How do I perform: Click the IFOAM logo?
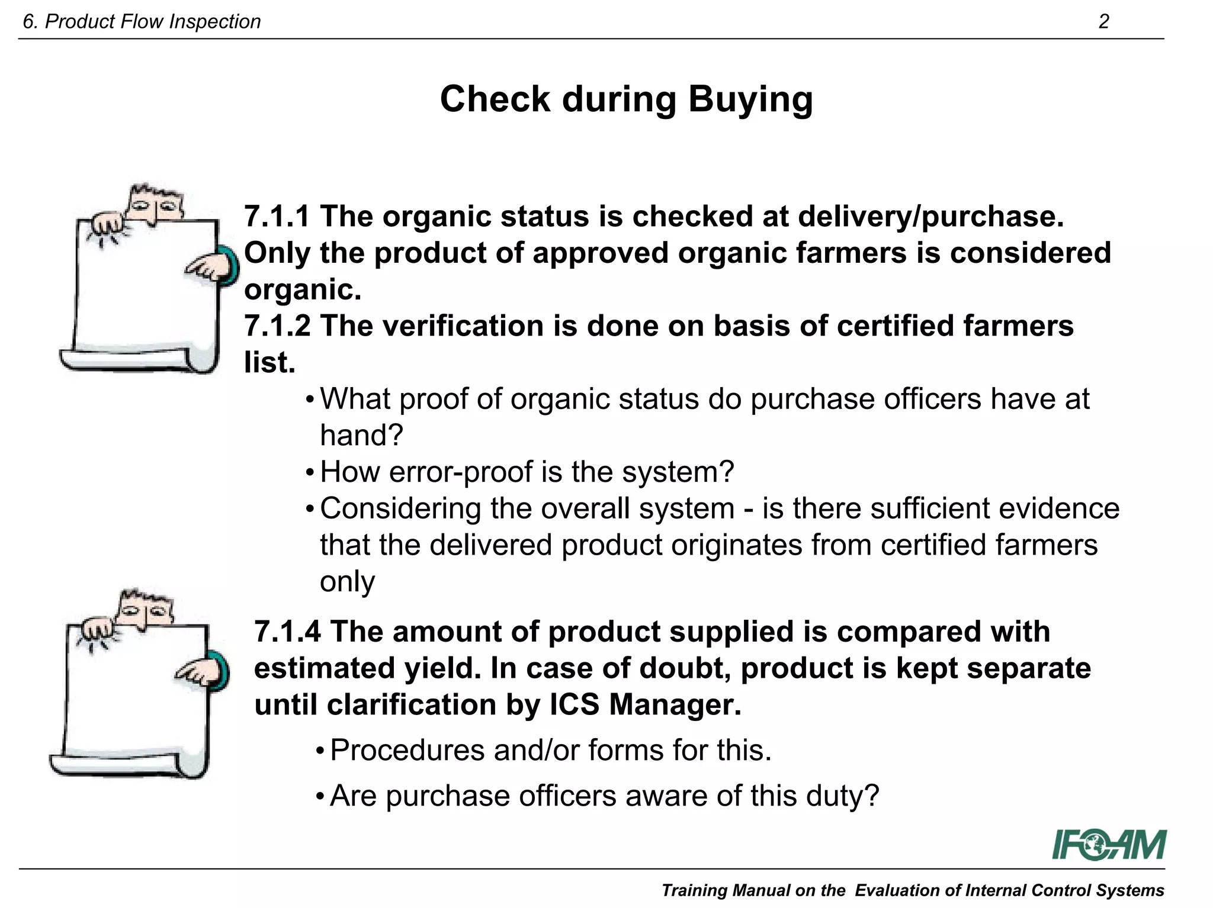(x=1108, y=845)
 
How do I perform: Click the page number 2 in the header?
(x=1103, y=22)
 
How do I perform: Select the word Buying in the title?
(x=750, y=99)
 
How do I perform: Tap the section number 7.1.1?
(x=277, y=216)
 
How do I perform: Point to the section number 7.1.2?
(x=277, y=326)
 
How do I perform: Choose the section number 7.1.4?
(x=287, y=632)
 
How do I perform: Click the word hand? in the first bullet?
(x=361, y=436)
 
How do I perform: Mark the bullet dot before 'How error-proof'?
(x=310, y=474)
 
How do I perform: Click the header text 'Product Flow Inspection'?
(x=152, y=22)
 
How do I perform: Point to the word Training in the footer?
(x=694, y=890)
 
